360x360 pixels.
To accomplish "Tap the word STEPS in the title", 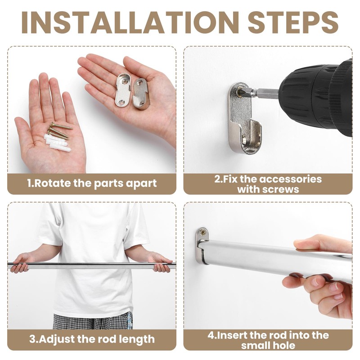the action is click(x=293, y=22).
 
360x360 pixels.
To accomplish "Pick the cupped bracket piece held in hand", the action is click(x=140, y=94).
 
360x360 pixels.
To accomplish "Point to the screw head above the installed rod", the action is click(x=202, y=232).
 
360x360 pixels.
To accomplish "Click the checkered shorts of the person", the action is click(x=93, y=321).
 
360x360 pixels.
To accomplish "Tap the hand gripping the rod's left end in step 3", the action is click(x=21, y=263).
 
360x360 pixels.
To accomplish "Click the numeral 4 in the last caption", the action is click(x=211, y=335).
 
